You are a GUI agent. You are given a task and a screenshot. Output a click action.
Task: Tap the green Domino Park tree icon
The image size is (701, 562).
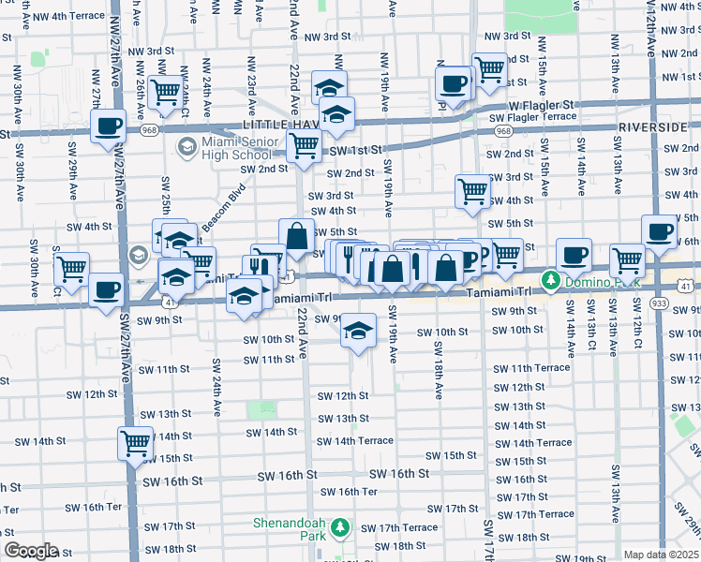552,280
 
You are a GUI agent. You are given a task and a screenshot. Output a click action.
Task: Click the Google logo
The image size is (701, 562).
30,550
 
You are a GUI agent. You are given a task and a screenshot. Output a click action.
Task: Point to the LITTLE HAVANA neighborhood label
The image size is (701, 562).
277,125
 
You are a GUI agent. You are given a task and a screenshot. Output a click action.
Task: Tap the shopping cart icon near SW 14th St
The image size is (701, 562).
135,441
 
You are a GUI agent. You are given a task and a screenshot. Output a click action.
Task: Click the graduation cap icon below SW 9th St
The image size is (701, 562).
357,331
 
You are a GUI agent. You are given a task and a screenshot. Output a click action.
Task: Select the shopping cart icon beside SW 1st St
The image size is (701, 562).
304,145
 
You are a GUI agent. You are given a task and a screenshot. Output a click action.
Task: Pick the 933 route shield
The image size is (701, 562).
659,303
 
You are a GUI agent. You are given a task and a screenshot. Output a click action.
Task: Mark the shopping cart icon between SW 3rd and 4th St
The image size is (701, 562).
472,190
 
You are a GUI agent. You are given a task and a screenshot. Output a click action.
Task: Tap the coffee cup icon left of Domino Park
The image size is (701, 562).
573,253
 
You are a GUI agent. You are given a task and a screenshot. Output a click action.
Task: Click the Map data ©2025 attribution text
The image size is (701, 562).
662,555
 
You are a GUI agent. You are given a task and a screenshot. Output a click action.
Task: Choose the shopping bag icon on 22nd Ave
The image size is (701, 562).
297,236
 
